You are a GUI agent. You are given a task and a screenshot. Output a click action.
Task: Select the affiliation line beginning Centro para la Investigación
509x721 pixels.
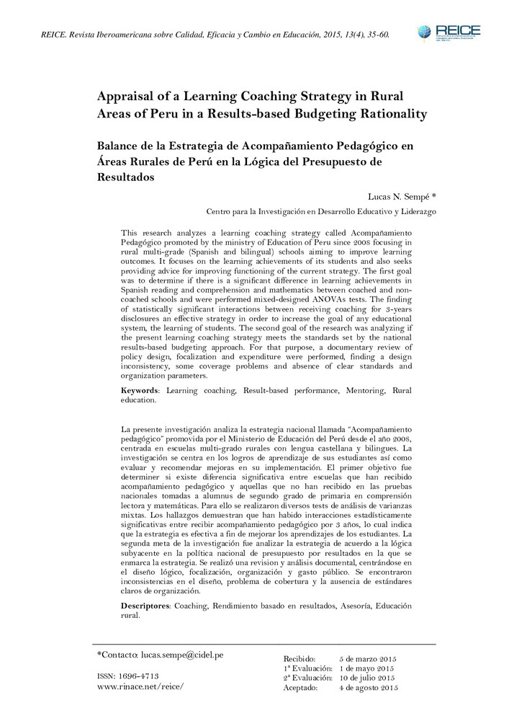[320, 212]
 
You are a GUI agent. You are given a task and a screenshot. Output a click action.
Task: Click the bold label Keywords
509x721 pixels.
[140, 390]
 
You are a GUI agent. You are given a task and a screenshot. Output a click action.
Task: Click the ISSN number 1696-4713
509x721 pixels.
[140, 676]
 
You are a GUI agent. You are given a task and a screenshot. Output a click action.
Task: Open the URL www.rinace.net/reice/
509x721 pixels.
[140, 686]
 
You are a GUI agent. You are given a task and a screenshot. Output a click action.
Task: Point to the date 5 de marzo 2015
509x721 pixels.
[367, 659]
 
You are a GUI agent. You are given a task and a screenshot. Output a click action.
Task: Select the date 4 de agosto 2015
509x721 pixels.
[369, 687]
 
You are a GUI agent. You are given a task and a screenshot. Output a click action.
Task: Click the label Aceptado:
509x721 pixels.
[301, 687]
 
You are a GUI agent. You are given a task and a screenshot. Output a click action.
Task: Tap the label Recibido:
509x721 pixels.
[300, 659]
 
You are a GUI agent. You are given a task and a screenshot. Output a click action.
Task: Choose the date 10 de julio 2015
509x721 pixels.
[367, 678]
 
